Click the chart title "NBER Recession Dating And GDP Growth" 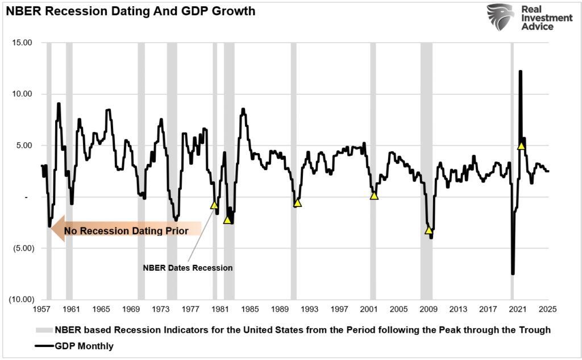pyautogui.click(x=130, y=11)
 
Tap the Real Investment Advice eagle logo pyautogui.click(x=500, y=17)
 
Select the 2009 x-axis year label pyautogui.click(x=429, y=309)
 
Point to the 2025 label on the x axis pyautogui.click(x=548, y=309)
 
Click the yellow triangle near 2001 pyautogui.click(x=374, y=196)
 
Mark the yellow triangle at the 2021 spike pyautogui.click(x=521, y=146)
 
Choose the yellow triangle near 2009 pyautogui.click(x=429, y=230)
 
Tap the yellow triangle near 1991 pyautogui.click(x=297, y=203)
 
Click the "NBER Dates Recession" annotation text pyautogui.click(x=188, y=268)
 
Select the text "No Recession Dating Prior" pyautogui.click(x=126, y=231)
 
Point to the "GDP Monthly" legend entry pyautogui.click(x=84, y=345)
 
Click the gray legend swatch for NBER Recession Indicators pyautogui.click(x=43, y=330)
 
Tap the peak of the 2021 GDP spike pyautogui.click(x=520, y=72)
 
